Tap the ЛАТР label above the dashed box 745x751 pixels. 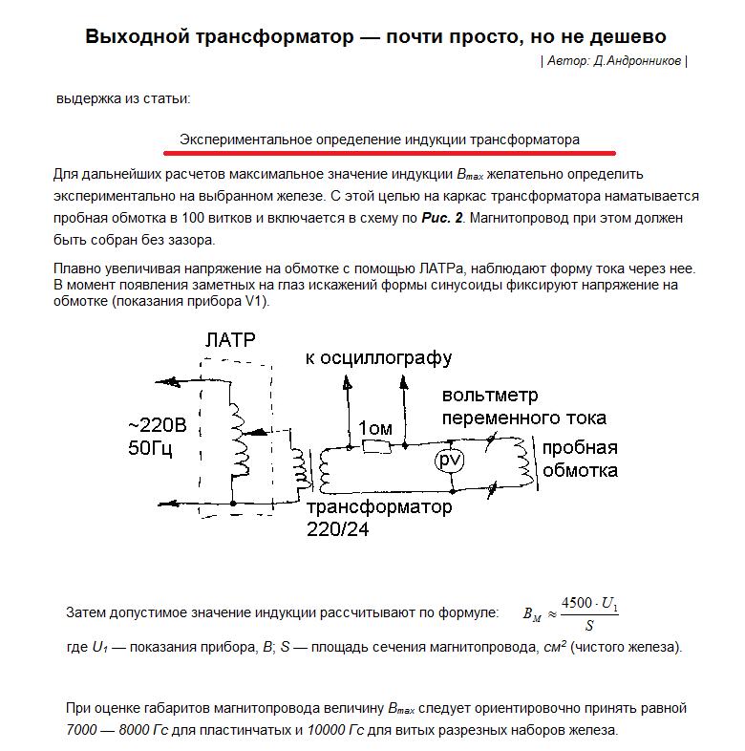point(230,341)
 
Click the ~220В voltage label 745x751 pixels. point(159,425)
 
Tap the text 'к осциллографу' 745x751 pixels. point(378,357)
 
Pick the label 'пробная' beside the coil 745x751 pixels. point(580,448)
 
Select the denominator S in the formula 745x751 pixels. point(589,627)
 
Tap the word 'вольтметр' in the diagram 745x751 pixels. point(489,396)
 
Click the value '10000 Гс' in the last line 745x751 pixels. point(336,730)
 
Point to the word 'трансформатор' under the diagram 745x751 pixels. point(379,507)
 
